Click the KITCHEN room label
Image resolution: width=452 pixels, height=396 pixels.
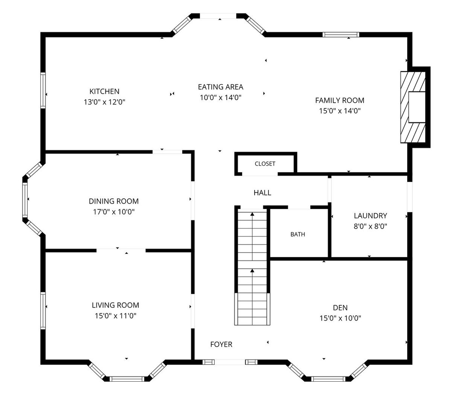104,91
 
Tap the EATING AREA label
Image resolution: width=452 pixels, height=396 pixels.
220,87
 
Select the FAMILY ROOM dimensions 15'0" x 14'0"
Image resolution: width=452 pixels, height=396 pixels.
339,111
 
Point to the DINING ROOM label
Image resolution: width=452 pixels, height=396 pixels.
114,201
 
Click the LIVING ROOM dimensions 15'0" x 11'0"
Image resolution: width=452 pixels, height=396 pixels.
116,316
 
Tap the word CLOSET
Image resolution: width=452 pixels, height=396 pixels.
265,164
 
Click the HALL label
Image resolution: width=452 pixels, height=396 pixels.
263,193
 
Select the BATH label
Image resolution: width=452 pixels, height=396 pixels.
298,234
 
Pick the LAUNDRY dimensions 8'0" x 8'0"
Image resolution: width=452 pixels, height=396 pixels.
370,226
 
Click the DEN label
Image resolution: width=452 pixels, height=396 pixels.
340,308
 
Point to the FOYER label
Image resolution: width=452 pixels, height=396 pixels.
221,344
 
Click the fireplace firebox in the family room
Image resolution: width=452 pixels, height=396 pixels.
417,107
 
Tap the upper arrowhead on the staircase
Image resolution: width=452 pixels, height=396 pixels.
252,214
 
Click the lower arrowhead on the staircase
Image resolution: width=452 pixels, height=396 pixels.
252,271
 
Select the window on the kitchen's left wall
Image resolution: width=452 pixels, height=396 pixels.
43,90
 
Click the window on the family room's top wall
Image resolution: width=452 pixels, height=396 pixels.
341,35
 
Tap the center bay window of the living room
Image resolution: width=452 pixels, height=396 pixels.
127,379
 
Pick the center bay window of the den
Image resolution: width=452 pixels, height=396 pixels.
328,379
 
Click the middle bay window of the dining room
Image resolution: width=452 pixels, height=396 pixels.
25,200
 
